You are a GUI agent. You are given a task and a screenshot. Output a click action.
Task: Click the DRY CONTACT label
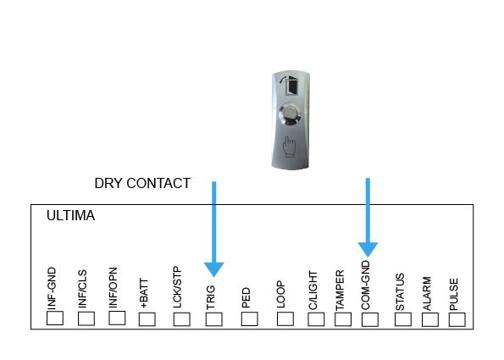point(142,183)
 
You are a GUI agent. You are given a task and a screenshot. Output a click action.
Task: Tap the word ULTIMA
point(70,215)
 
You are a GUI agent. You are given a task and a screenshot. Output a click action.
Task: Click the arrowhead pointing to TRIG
point(213,269)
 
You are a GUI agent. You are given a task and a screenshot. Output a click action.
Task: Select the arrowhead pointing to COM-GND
point(368,250)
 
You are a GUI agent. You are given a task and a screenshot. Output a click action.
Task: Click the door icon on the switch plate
point(290,85)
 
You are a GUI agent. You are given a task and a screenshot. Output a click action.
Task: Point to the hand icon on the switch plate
point(289,147)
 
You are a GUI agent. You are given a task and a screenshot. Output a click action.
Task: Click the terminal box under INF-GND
point(55,318)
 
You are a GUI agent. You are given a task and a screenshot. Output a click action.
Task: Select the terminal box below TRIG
point(214,319)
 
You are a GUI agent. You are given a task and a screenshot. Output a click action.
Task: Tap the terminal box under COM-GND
point(370,319)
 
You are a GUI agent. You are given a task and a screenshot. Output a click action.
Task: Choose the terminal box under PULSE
point(457,319)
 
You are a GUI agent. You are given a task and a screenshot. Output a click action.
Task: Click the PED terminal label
point(246,297)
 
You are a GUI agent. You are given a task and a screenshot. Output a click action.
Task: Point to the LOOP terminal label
point(280,294)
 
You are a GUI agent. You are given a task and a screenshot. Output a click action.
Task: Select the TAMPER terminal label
point(340,291)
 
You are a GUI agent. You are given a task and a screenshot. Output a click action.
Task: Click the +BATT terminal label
point(144,293)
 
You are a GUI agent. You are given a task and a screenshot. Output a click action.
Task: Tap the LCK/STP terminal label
point(177,287)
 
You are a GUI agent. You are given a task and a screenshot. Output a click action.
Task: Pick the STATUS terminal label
point(400,292)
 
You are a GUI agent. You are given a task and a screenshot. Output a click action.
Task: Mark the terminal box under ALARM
point(430,319)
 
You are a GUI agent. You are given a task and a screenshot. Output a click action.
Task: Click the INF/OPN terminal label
point(114,288)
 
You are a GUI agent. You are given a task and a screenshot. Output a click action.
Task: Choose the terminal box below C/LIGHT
point(316,319)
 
